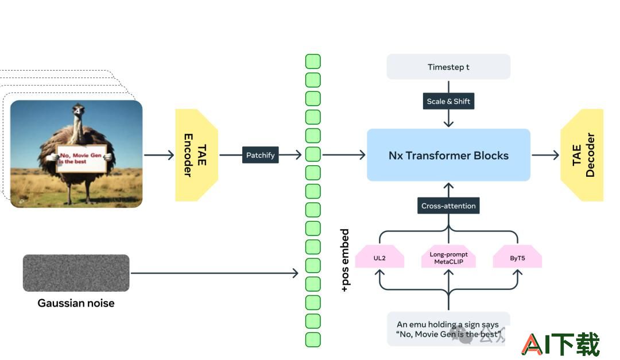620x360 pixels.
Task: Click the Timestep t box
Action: pyautogui.click(x=448, y=67)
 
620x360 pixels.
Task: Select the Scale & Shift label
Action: pyautogui.click(x=448, y=101)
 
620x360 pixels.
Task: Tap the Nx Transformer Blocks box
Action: pyautogui.click(x=448, y=155)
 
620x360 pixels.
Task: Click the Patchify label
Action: pyautogui.click(x=260, y=155)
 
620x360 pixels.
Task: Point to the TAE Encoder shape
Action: pyautogui.click(x=196, y=155)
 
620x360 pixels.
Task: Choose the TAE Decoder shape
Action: pyautogui.click(x=583, y=155)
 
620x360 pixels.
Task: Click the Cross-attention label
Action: pyautogui.click(x=448, y=206)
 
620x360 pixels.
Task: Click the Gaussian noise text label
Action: pyautogui.click(x=76, y=303)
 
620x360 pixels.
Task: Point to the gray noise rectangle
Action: pyautogui.click(x=76, y=273)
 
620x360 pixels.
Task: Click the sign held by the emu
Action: pyautogui.click(x=82, y=158)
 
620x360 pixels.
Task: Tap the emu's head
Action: pyautogui.click(x=78, y=109)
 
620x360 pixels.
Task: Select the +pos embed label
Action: pyautogui.click(x=345, y=260)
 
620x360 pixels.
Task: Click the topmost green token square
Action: pyautogui.click(x=313, y=61)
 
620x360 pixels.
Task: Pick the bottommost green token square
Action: pyautogui.click(x=313, y=340)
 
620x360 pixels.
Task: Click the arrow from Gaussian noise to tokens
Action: pyautogui.click(x=214, y=273)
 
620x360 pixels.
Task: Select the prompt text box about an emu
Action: pyautogui.click(x=448, y=329)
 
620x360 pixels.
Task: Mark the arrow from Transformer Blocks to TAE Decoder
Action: pyautogui.click(x=545, y=155)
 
